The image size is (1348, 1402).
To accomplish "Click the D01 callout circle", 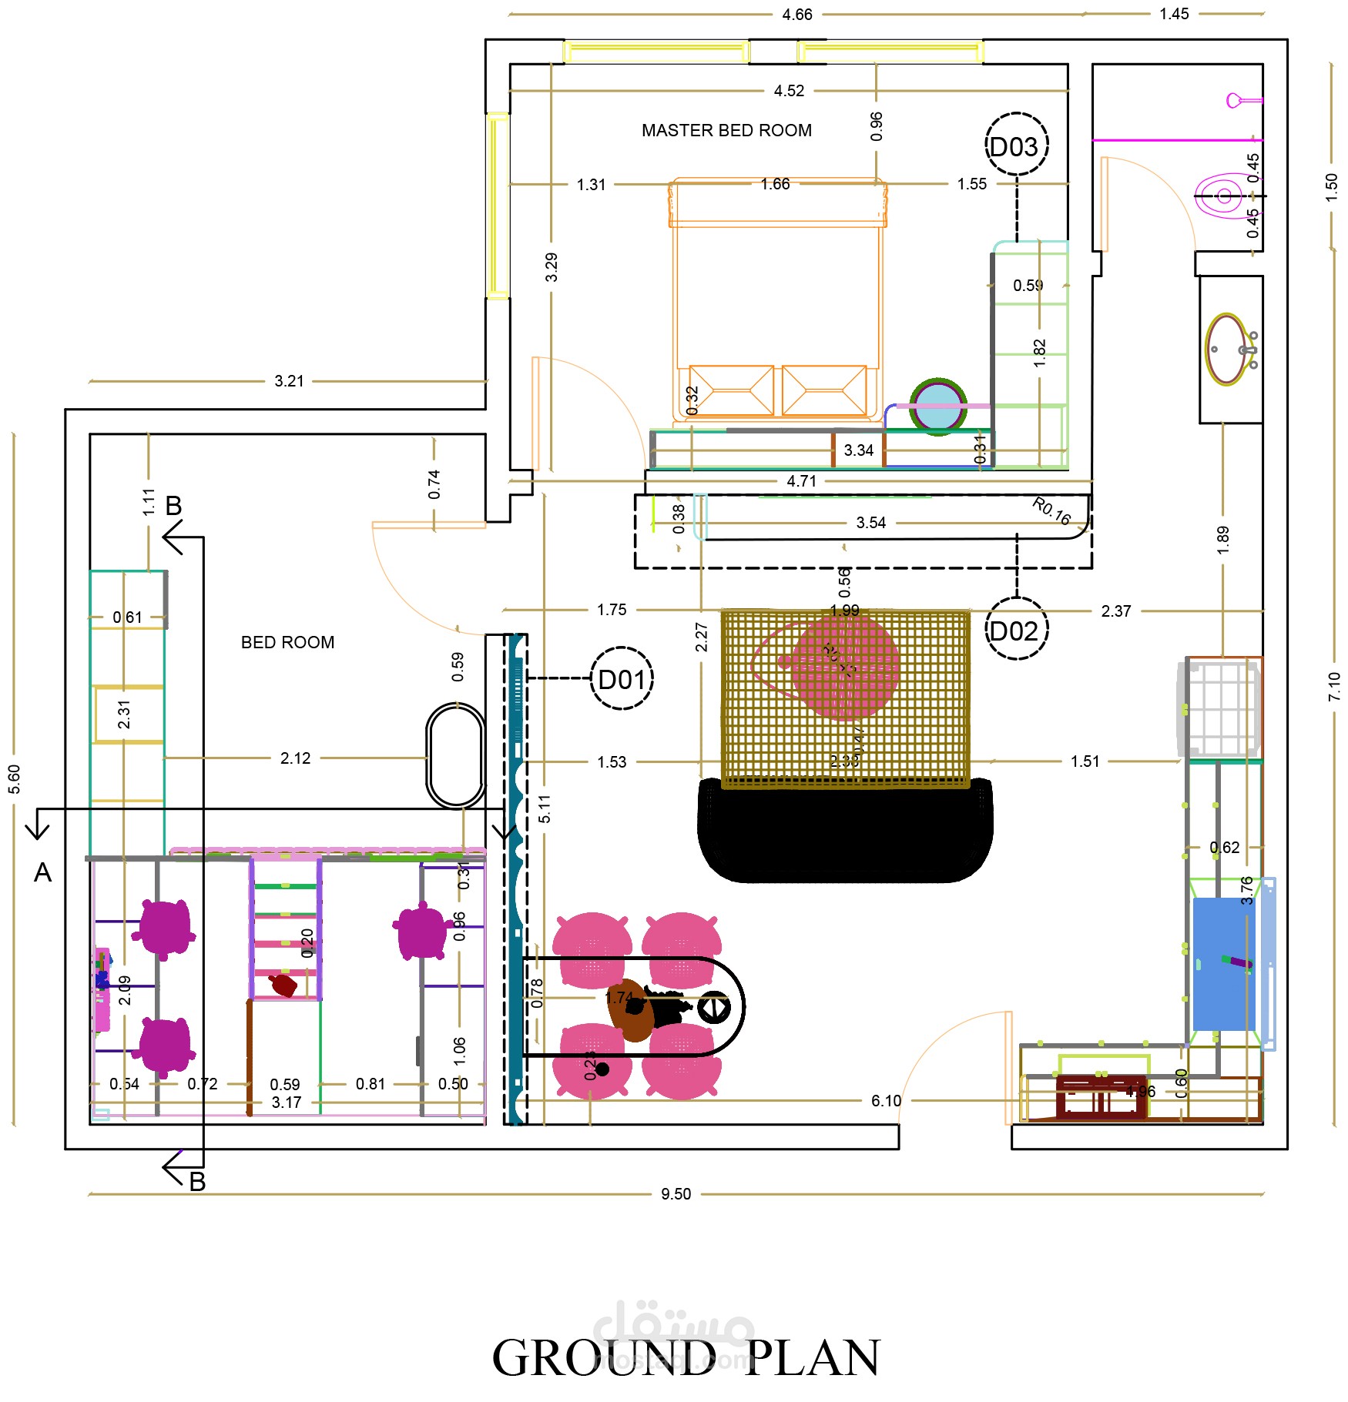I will coord(621,678).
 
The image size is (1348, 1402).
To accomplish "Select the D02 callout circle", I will coord(1016,629).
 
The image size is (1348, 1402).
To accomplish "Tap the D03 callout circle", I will coord(1016,146).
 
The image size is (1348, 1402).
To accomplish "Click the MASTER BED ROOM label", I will coord(726,130).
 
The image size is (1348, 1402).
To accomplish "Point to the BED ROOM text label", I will coord(287,642).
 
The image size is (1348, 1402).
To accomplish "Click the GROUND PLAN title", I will coord(685,1358).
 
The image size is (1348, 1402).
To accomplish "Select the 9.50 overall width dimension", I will coord(676,1194).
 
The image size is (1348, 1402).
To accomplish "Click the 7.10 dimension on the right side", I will coord(1334,686).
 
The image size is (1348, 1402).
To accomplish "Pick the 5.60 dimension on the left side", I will coord(14,778).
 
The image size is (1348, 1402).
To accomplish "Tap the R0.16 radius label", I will coord(1051,511).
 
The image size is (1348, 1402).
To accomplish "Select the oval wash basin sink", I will coord(1226,349).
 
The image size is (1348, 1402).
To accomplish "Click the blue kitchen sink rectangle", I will coord(1224,963).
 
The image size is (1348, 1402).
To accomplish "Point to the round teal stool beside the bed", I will coord(937,407).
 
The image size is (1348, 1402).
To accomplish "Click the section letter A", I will coord(42,872).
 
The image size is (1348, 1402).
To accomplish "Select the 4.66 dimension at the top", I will coord(796,14).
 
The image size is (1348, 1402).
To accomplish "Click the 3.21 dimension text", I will coord(289,380).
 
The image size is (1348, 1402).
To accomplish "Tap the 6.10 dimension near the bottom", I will coord(886,1100).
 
